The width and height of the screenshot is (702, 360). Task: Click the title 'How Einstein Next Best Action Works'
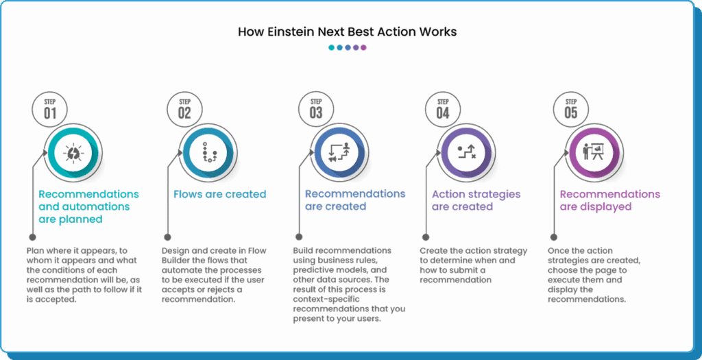347,32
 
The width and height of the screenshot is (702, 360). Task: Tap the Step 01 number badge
50,110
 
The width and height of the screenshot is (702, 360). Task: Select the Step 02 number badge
184,110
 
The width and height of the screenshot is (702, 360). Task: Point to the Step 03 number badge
316,110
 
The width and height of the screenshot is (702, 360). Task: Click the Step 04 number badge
444,110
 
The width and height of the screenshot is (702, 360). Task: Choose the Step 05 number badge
571,110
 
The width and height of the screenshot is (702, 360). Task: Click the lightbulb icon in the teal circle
73,154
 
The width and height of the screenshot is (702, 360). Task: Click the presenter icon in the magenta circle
593,154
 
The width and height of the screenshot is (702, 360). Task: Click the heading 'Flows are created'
219,195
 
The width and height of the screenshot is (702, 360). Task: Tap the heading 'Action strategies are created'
476,200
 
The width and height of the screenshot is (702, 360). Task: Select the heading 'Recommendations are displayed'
609,200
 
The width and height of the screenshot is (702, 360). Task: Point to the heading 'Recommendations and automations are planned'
88,207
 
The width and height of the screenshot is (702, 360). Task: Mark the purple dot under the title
363,48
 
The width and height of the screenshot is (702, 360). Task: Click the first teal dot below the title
331,48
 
